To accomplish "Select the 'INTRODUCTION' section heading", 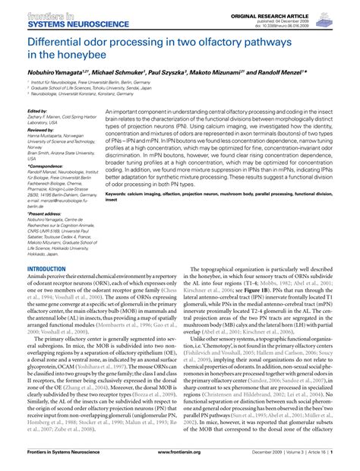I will point(46,269).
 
